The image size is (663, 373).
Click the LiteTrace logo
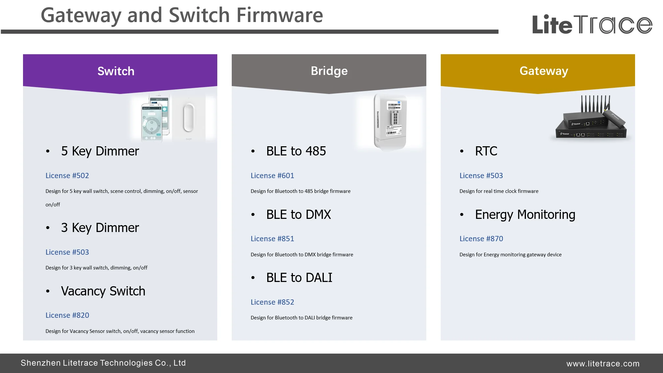(592, 24)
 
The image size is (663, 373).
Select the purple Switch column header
(116, 71)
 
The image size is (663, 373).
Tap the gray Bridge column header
(329, 71)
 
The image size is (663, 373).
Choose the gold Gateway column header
(544, 71)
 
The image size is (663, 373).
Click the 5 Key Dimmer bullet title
(100, 151)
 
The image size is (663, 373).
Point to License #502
(67, 175)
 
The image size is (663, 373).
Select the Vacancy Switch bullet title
(103, 291)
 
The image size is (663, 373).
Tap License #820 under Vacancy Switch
(67, 315)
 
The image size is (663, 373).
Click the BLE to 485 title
(296, 151)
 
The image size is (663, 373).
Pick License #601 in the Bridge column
(272, 175)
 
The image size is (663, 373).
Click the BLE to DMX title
(298, 215)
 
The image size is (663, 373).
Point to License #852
(272, 302)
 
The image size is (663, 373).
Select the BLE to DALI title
(299, 278)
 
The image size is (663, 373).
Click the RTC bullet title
(486, 151)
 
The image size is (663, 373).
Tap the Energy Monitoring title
(525, 215)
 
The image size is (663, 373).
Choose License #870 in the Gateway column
(481, 239)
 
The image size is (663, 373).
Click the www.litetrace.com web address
(603, 363)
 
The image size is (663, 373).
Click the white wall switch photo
(189, 117)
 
